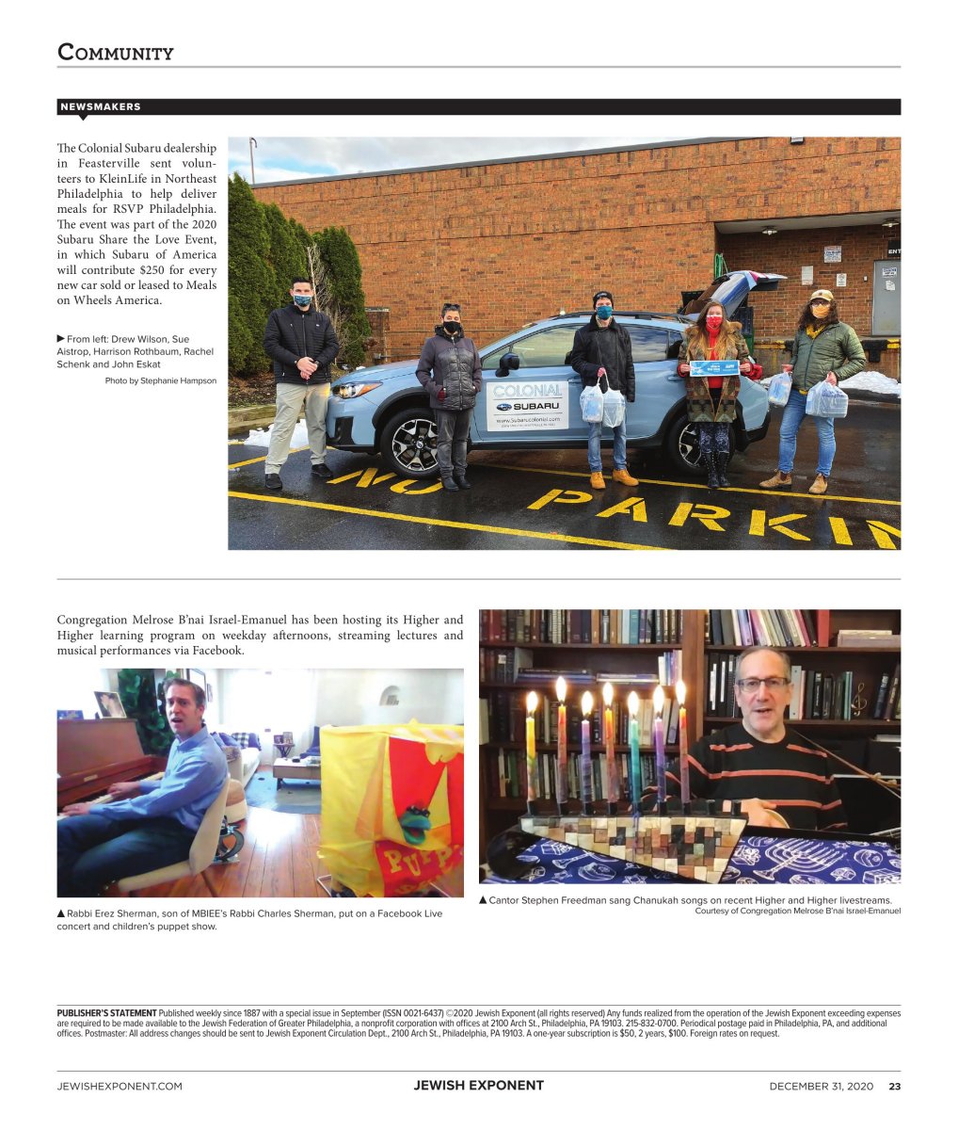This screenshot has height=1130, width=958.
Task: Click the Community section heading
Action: tap(116, 52)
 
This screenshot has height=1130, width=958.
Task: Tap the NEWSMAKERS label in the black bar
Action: tap(101, 107)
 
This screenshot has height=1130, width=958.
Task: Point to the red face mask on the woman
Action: tap(713, 322)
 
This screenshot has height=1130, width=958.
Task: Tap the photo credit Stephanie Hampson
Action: tap(160, 380)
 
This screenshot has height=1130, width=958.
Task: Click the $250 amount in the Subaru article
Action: tap(152, 269)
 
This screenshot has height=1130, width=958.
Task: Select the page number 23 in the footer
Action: tap(894, 1086)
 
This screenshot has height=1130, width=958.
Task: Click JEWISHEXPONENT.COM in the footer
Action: tap(120, 1086)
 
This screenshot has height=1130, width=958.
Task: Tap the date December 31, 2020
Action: tap(821, 1086)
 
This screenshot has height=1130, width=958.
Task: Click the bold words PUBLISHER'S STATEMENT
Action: tap(106, 1013)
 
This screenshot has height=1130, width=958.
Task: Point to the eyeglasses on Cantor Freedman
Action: tap(762, 685)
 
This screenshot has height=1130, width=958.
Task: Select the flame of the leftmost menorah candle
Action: tap(532, 702)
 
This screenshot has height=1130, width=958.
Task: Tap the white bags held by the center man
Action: tap(602, 405)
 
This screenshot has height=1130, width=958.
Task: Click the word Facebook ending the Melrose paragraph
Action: tap(217, 651)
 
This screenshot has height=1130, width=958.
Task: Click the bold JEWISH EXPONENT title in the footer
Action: tap(478, 1086)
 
